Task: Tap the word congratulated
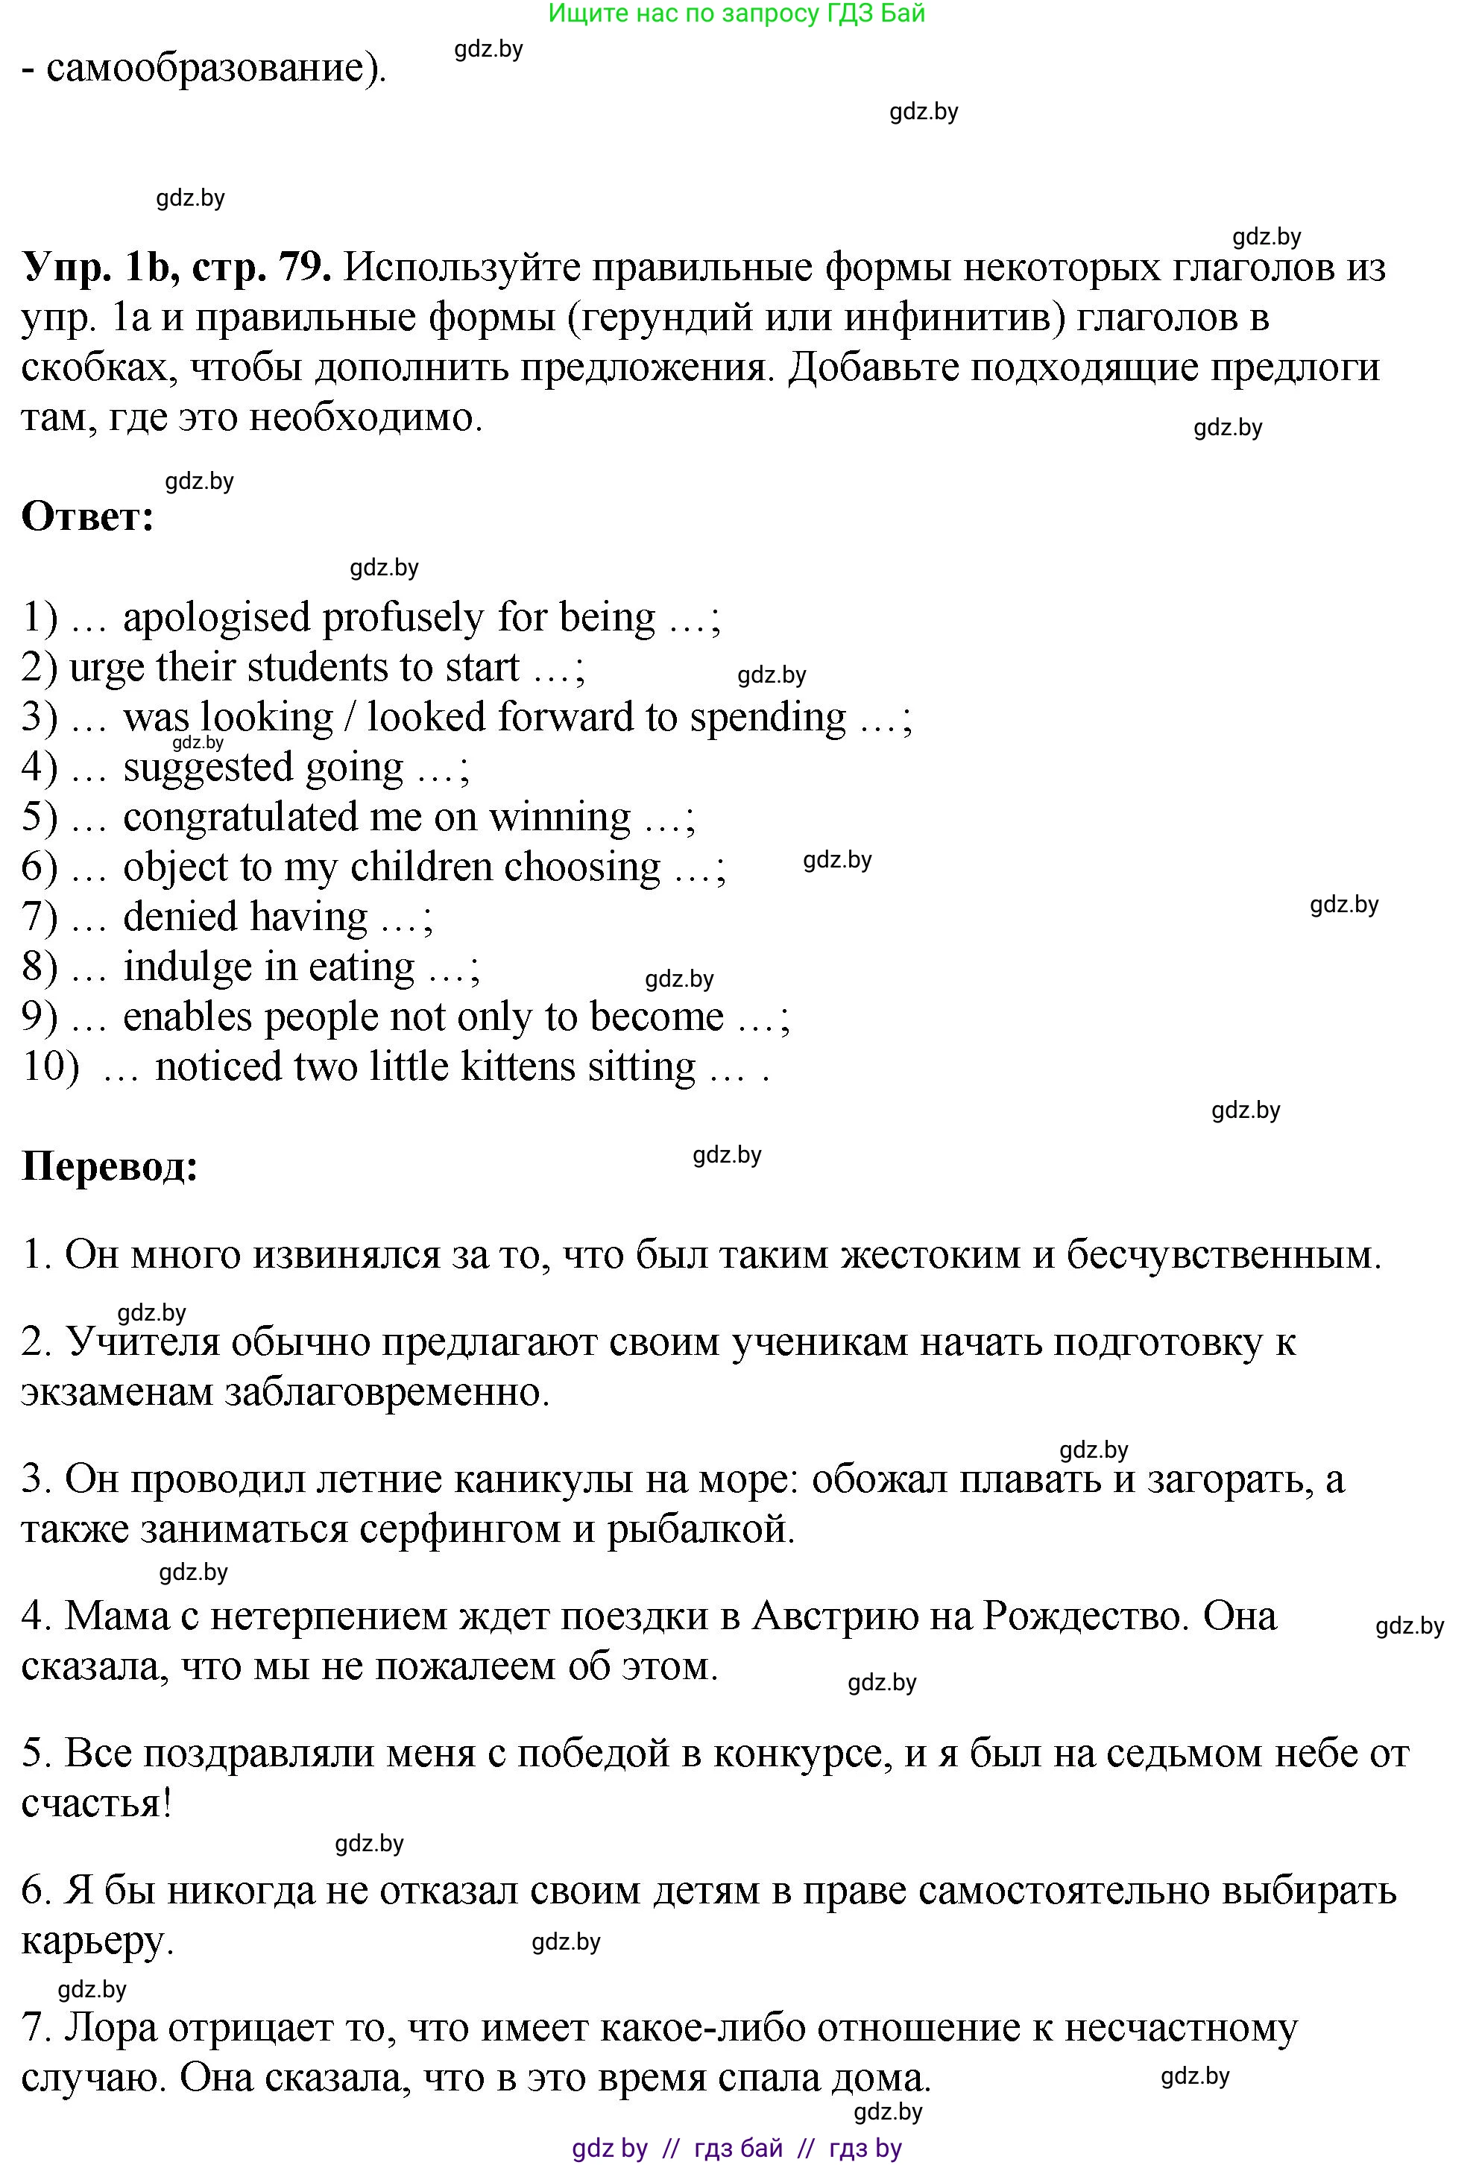[240, 817]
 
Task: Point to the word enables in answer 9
[187, 1017]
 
